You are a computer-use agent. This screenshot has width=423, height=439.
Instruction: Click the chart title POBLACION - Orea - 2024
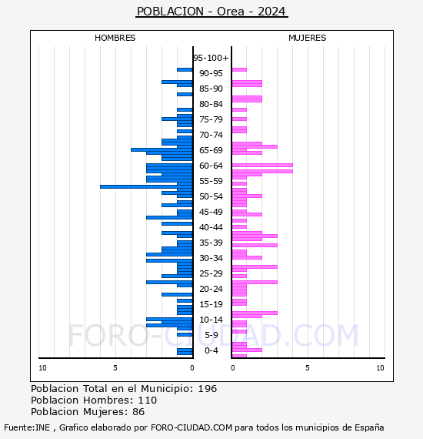(211, 12)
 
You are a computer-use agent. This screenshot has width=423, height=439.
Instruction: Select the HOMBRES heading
(115, 38)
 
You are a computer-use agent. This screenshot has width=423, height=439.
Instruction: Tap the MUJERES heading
(308, 38)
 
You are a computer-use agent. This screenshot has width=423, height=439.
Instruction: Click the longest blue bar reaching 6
(146, 186)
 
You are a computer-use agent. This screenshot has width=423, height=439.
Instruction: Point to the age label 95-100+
(211, 58)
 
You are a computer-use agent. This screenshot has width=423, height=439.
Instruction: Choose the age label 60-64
(211, 166)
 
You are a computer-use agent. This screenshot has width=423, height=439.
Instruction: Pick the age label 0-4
(211, 350)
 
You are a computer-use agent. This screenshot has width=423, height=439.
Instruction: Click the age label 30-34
(211, 258)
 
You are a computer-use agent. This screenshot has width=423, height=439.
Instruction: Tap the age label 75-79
(211, 119)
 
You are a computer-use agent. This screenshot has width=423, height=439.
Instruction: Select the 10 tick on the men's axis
(42, 368)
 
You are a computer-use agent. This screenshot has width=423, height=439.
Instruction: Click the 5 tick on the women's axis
(308, 368)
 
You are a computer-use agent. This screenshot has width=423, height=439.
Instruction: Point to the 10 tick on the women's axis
(380, 368)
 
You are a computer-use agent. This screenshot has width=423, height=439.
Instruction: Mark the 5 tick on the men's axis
(115, 368)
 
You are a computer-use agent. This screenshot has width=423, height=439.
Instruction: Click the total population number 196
(207, 389)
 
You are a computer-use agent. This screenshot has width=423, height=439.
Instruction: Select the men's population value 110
(148, 400)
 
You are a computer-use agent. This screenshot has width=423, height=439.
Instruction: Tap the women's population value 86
(138, 412)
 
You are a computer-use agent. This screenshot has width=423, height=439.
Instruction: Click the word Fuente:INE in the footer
(27, 427)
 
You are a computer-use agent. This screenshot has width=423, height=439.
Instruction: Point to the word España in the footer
(369, 427)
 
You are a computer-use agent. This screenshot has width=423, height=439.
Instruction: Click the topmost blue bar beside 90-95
(185, 70)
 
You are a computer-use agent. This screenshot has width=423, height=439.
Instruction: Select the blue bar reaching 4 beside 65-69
(162, 149)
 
